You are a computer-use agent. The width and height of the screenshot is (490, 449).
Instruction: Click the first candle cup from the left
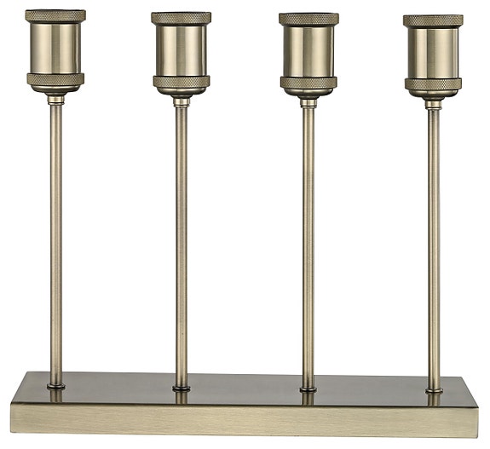55,49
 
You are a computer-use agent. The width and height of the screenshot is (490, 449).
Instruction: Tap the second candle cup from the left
182,50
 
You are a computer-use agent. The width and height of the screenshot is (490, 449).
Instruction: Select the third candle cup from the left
308,51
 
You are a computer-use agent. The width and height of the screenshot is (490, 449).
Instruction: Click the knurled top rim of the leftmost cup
55,16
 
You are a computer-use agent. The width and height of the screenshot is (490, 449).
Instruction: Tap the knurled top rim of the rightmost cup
433,20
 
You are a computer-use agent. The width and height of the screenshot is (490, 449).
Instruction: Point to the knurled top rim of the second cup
182,18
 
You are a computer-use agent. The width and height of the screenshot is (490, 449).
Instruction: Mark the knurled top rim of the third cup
308,19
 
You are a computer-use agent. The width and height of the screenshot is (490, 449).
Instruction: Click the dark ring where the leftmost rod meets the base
55,386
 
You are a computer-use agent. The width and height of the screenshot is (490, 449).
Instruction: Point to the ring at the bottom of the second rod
182,388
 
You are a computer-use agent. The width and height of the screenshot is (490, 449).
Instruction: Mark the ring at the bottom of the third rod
308,389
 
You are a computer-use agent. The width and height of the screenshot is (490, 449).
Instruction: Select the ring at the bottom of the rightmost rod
434,391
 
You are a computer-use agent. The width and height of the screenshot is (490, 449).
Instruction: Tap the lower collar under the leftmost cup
55,80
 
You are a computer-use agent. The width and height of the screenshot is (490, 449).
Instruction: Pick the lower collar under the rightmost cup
433,84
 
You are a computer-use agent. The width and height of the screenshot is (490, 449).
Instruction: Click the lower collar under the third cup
308,83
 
